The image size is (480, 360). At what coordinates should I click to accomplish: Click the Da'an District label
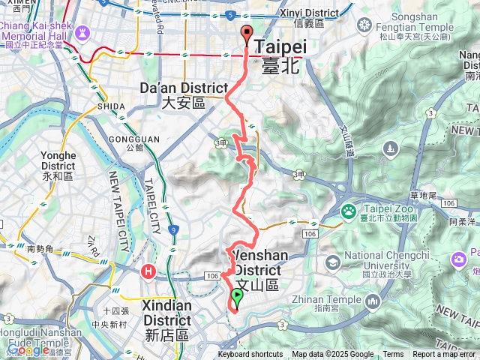[173, 95]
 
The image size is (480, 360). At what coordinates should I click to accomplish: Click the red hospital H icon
[149, 271]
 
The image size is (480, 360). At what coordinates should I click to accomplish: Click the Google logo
[28, 349]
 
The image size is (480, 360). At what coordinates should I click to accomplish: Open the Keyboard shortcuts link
[250, 355]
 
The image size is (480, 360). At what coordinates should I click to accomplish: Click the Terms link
[393, 355]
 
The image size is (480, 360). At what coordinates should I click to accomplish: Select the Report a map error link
[444, 355]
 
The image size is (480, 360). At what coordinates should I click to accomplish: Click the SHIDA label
[111, 107]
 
